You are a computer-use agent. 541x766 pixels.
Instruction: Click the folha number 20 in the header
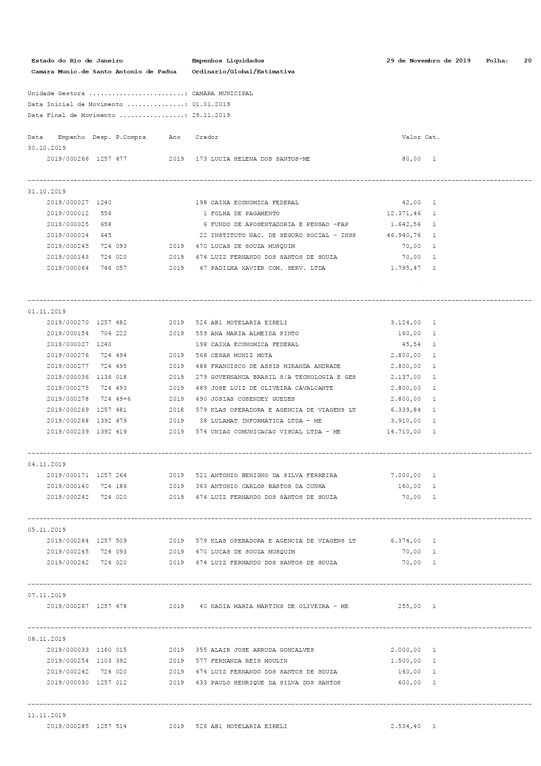tap(527, 61)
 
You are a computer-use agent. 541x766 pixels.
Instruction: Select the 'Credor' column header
tap(207, 137)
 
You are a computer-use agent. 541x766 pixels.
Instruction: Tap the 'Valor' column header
tap(411, 137)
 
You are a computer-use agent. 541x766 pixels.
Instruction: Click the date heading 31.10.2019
tap(47, 192)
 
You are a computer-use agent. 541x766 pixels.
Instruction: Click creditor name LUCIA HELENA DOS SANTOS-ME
tap(260, 159)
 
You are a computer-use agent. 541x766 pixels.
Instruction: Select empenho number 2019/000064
tap(68, 268)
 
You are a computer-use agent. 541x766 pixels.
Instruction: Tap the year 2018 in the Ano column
tap(176, 410)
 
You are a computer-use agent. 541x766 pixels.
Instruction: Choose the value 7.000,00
tap(406, 475)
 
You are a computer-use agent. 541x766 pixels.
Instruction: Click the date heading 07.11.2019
tap(47, 595)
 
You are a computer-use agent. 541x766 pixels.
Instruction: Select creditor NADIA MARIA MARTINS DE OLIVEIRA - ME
tap(279, 606)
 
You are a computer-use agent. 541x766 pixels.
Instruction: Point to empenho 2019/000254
tap(68, 661)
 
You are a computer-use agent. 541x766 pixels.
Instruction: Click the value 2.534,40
tap(406, 726)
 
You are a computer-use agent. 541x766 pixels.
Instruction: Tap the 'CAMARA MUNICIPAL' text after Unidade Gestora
tap(222, 93)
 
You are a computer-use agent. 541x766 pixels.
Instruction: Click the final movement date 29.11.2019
tap(211, 115)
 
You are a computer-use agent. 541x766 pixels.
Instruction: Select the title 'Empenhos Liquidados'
tap(228, 61)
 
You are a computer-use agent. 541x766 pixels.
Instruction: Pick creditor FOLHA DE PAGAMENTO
tap(245, 213)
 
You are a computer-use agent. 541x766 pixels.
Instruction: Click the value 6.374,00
tap(406, 541)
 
